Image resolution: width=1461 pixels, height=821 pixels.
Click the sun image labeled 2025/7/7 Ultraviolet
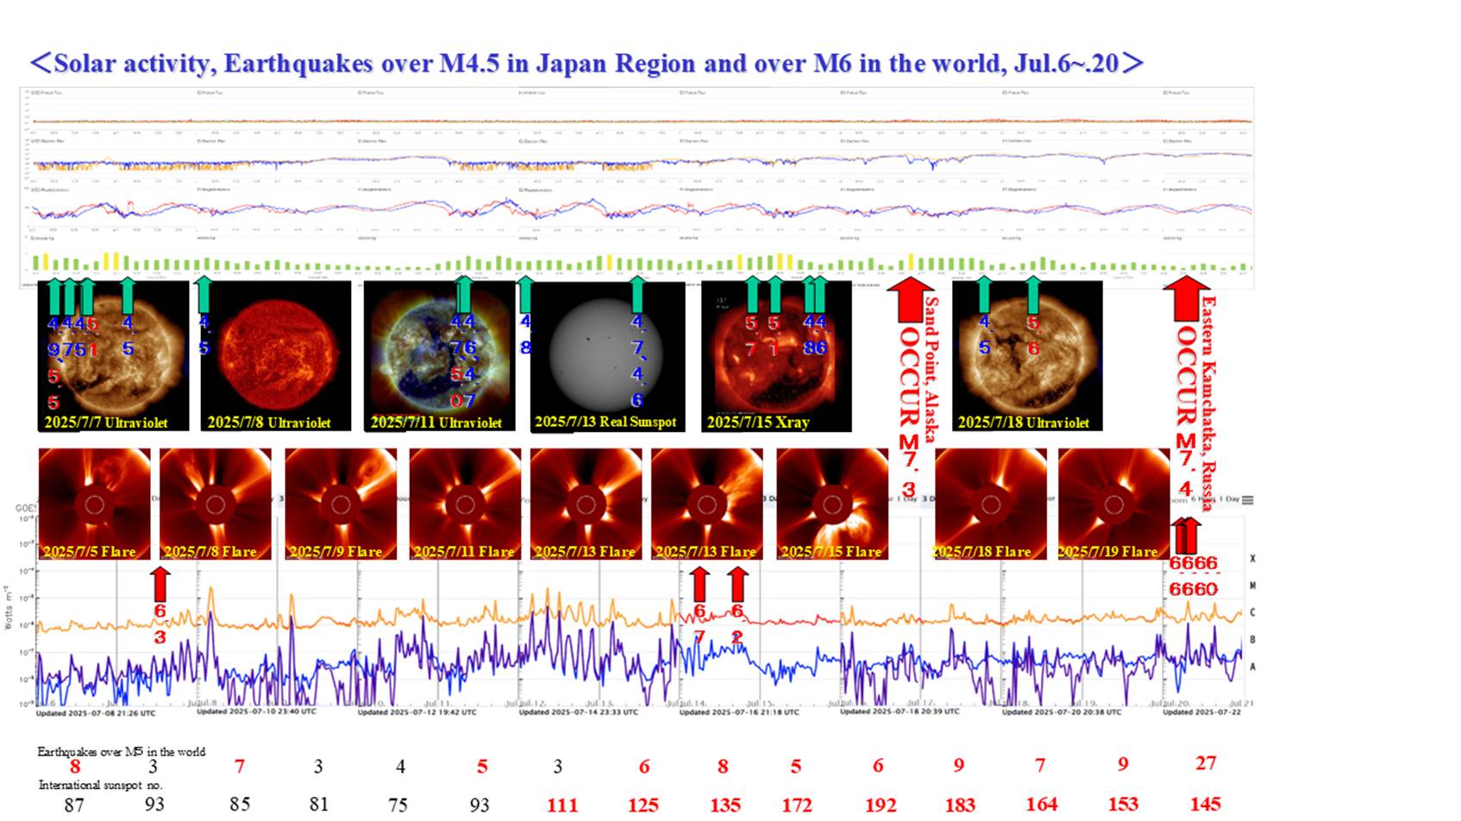[x=113, y=355]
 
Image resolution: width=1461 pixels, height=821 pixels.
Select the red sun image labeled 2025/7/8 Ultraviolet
[x=276, y=355]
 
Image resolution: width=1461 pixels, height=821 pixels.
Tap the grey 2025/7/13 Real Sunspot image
[x=607, y=355]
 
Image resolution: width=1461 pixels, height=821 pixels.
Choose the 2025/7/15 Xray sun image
[x=775, y=355]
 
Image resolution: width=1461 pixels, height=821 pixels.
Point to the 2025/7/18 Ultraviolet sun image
[x=1026, y=355]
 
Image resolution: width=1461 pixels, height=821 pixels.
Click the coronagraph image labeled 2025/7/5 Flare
[x=94, y=504]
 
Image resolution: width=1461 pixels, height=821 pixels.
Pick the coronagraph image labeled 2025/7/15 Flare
[x=832, y=504]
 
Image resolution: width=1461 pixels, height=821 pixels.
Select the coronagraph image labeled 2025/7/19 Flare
[x=1113, y=504]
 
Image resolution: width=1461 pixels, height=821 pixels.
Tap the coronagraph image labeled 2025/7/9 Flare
[x=341, y=504]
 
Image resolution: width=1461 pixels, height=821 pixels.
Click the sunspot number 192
[x=881, y=805]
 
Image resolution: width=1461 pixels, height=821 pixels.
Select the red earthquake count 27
[x=1206, y=763]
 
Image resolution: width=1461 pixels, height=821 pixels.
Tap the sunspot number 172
[x=797, y=805]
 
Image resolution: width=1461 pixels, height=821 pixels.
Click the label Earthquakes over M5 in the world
[x=121, y=752]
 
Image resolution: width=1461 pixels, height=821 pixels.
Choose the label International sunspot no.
[x=101, y=785]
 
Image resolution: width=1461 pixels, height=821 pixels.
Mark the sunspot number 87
[x=74, y=805]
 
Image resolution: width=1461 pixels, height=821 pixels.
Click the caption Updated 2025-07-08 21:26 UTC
[x=96, y=713]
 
